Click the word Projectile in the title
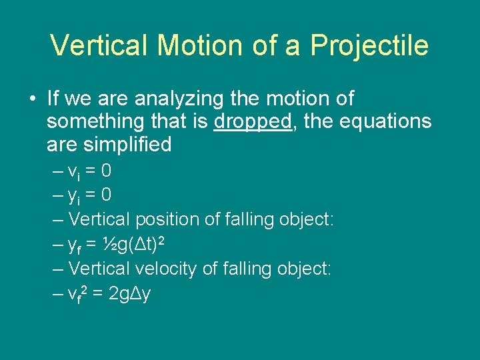(x=369, y=45)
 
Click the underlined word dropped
(x=253, y=122)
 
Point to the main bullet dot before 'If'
(x=32, y=99)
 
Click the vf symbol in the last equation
(x=77, y=294)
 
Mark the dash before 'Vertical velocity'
(x=57, y=269)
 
